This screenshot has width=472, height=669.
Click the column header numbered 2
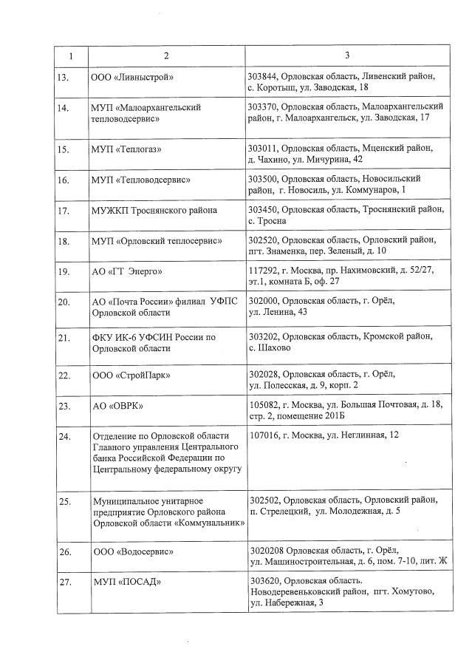(166, 55)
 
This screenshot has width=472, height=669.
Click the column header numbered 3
(347, 55)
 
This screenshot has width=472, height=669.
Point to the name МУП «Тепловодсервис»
(140, 180)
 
